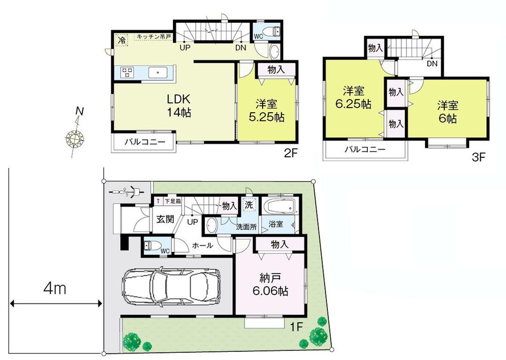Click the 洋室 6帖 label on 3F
448,112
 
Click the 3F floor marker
478,157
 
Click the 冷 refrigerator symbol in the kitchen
121,39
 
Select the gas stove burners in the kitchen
127,72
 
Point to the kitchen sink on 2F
158,72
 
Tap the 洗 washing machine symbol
248,205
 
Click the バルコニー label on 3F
365,150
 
